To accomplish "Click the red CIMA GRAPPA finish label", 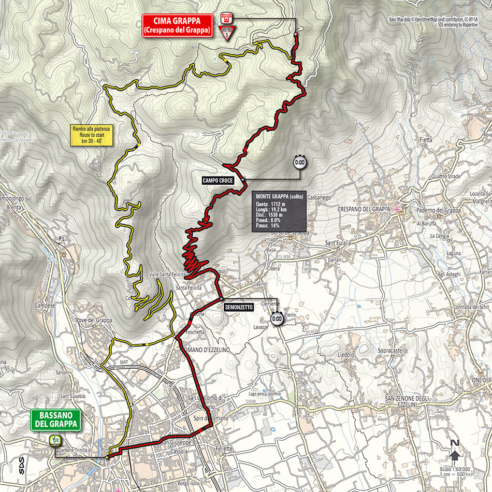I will click(x=177, y=25).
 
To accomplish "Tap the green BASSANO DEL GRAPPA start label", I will click(x=56, y=419).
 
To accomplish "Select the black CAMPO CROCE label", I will click(x=218, y=180).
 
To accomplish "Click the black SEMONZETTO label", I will click(x=239, y=307).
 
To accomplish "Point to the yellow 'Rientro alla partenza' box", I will click(x=93, y=136).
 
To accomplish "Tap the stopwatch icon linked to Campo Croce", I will click(x=299, y=162).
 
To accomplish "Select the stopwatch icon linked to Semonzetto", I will click(x=277, y=319).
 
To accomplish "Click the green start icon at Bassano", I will click(x=54, y=441).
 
